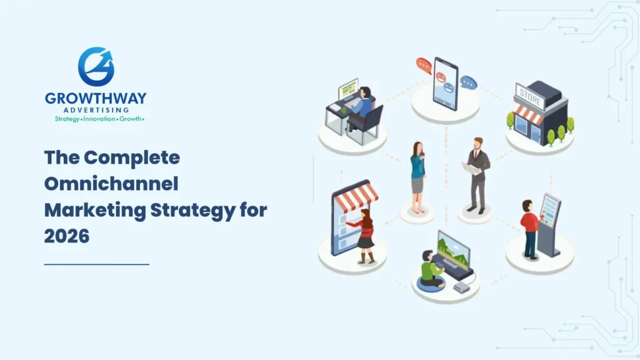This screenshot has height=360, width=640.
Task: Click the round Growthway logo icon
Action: pos(96,66)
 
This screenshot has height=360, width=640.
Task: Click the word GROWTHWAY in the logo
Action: pos(96,99)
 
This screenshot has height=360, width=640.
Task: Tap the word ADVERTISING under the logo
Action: pos(96,110)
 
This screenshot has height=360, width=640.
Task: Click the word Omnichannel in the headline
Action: pos(111,184)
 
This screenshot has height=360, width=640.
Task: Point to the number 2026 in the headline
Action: pos(67,236)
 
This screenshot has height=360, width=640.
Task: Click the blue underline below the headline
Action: pos(96,264)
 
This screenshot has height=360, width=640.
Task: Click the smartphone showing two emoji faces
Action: pos(445,83)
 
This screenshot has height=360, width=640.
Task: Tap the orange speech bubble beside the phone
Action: pos(424,65)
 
